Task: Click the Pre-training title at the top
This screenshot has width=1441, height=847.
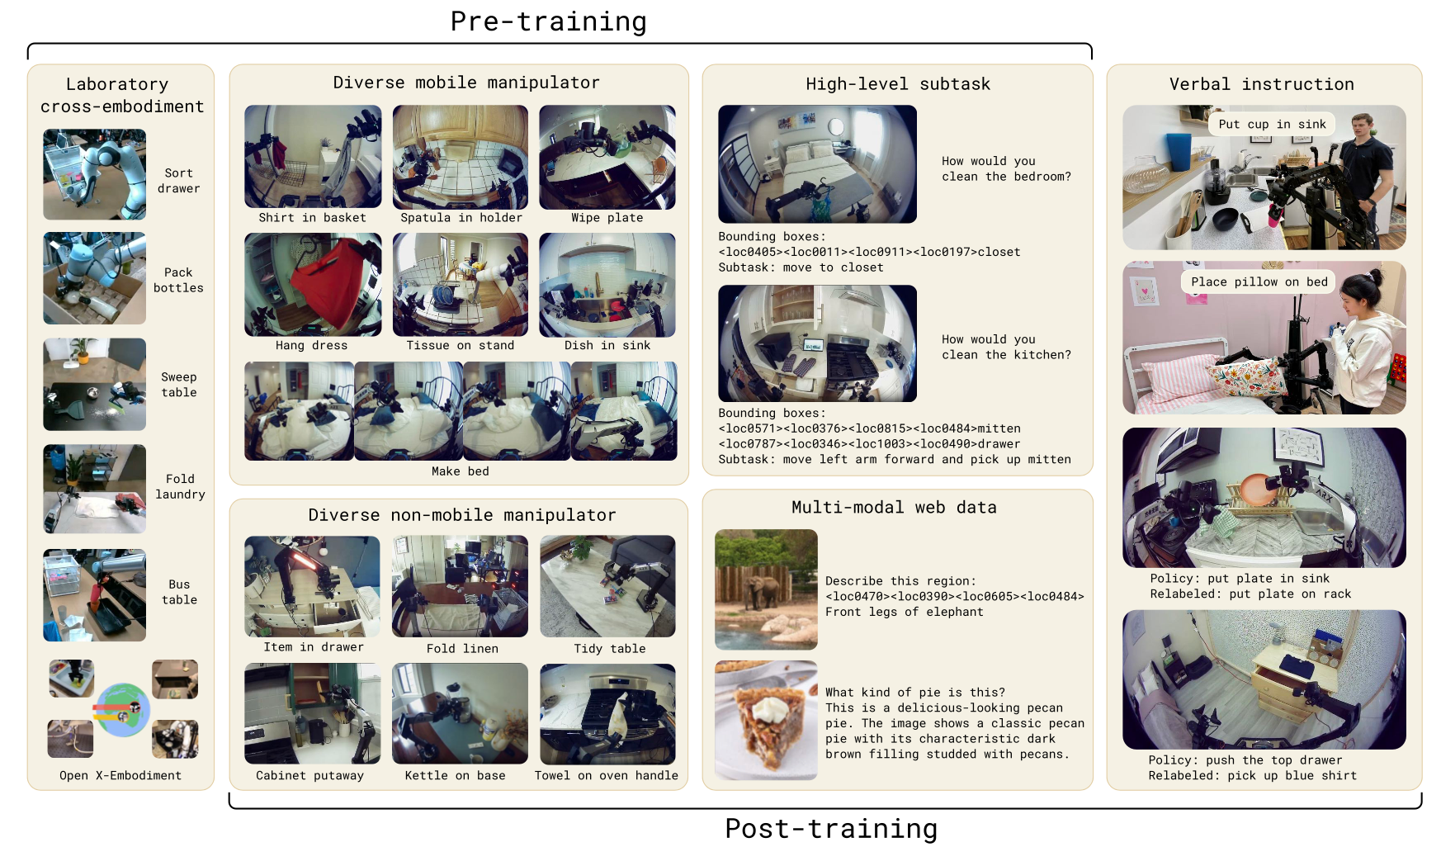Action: coord(548,21)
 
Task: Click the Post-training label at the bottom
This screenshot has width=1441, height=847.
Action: coord(831,828)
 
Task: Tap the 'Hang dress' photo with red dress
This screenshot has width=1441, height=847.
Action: coord(313,285)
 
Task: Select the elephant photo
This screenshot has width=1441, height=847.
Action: coord(766,589)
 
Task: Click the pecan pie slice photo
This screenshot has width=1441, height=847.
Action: coord(766,720)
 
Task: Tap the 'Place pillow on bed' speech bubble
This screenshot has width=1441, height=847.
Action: coord(1259,282)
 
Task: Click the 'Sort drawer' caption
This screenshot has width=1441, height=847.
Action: coord(179,181)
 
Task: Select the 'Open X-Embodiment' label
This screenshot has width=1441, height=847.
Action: coord(120,775)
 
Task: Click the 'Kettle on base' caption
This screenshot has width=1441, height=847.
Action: coord(455,775)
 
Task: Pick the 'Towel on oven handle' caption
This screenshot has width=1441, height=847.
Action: coord(607,775)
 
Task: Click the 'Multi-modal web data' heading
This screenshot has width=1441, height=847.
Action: coord(894,507)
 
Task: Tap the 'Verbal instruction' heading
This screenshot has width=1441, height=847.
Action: coord(1262,84)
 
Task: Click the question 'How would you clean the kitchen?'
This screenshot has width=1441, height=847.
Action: coord(1007,347)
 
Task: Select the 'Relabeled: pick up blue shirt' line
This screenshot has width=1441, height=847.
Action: coord(1252,775)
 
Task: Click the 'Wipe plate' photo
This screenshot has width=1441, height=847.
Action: coord(607,157)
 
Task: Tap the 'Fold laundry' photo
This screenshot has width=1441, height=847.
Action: coord(95,489)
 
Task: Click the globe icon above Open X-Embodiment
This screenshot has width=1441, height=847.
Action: coord(122,709)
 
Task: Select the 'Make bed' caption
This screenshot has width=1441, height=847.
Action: coord(461,471)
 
